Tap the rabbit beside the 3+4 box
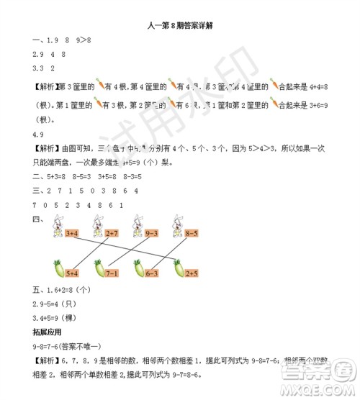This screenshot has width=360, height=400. click(56, 229)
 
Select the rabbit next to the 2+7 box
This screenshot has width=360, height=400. click(96, 229)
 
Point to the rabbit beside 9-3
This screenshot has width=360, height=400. click(136, 229)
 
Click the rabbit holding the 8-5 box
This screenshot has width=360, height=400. click(176, 229)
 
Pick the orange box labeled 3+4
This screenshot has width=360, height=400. click(71, 233)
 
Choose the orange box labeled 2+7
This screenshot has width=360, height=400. click(112, 233)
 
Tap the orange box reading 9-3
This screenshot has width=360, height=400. click(151, 233)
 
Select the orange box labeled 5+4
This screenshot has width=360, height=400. click(71, 273)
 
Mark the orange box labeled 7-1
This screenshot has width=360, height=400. click(112, 273)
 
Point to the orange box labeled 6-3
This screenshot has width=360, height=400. click(151, 273)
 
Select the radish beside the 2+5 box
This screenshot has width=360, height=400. click(176, 269)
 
